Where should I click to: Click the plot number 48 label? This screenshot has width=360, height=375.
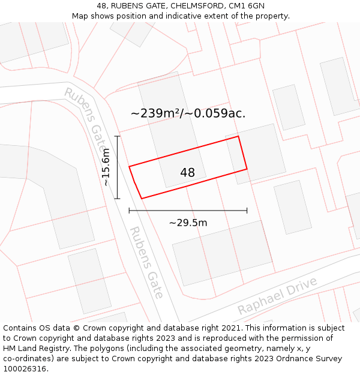tap(187, 173)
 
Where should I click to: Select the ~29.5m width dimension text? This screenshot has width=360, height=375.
tap(188, 223)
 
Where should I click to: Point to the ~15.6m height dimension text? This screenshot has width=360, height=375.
tap(106, 167)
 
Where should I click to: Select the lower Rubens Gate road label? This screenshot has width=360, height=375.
tap(146, 262)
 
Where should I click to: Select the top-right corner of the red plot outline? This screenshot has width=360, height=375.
tap(238, 136)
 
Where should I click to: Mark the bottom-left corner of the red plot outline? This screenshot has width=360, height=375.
tap(142, 198)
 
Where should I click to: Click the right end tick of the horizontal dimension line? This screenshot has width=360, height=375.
tap(247, 211)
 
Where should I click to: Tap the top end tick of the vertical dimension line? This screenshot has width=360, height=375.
tap(118, 137)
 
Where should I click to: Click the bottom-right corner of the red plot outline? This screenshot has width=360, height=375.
tap(247, 169)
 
